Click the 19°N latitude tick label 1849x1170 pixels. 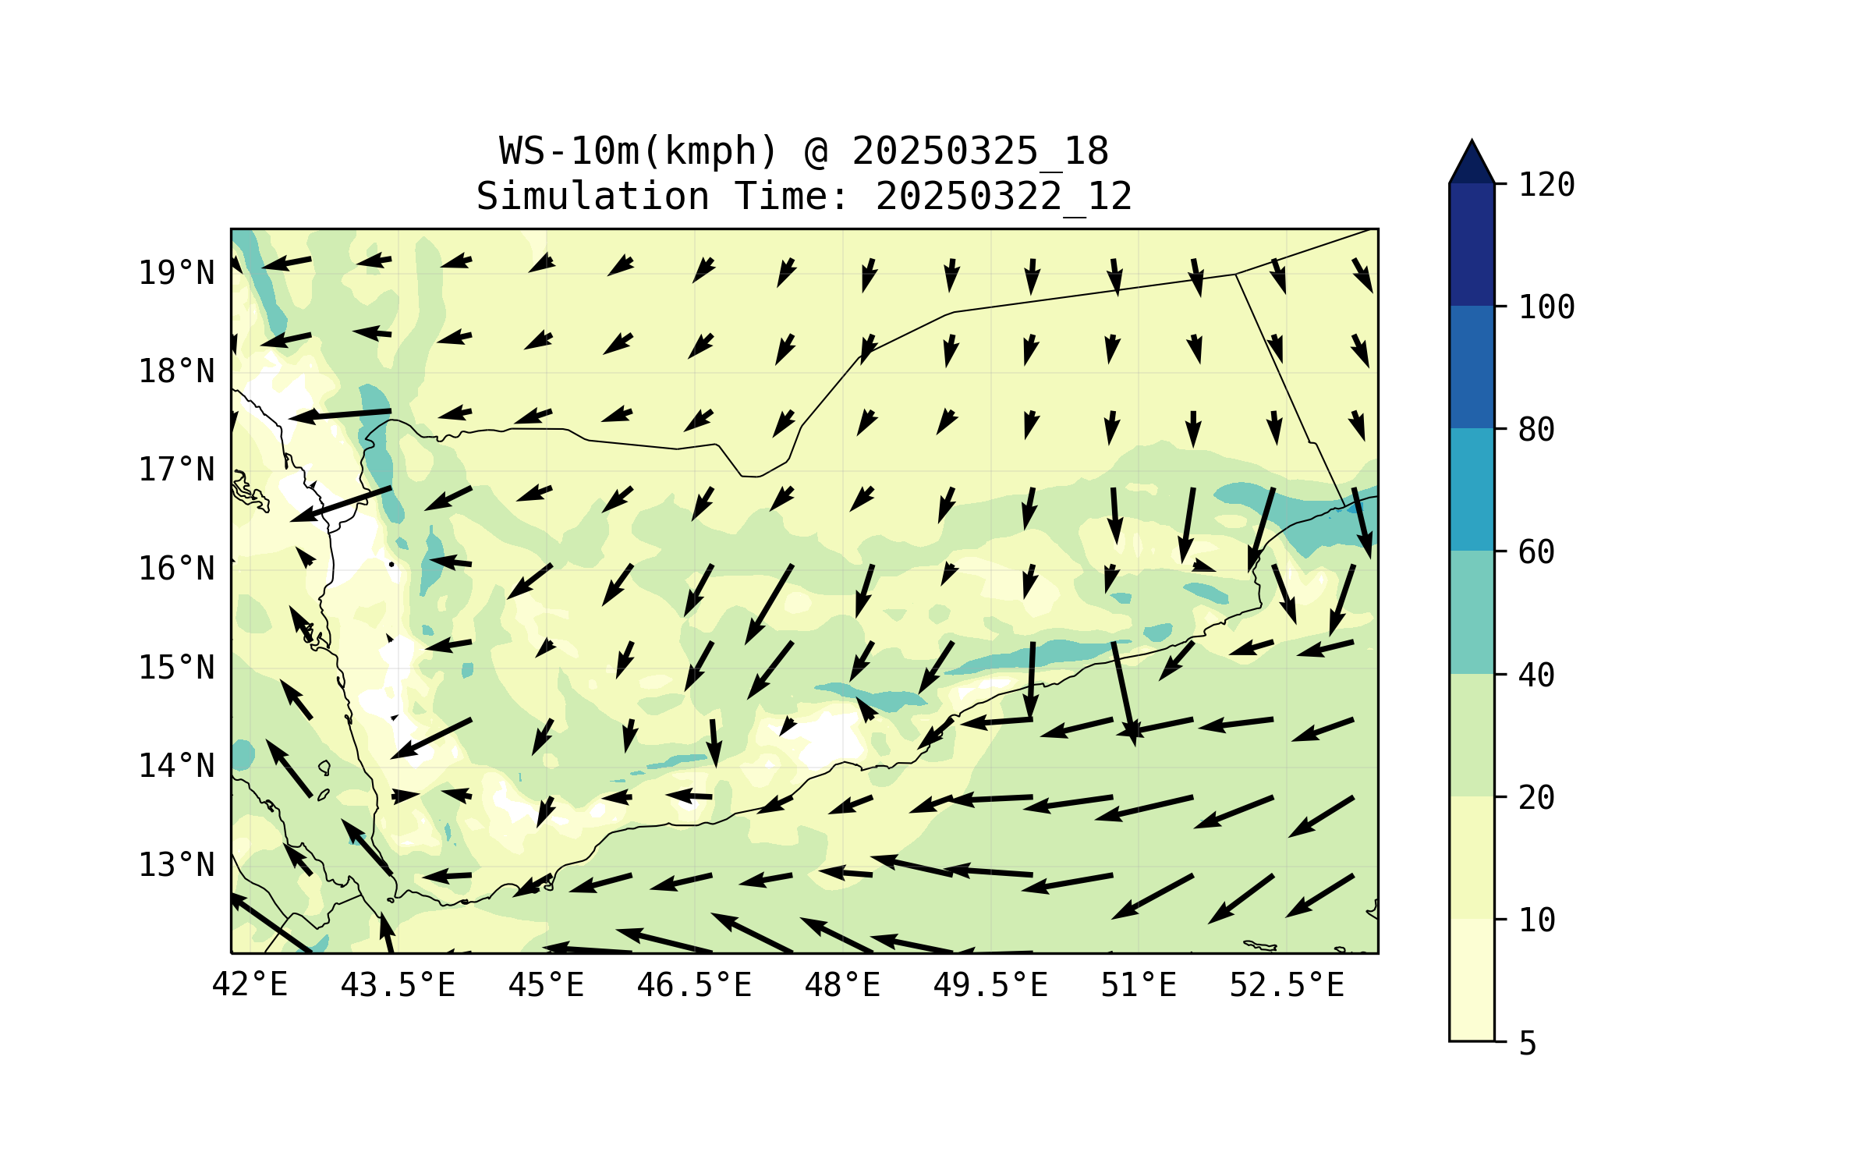click(x=176, y=273)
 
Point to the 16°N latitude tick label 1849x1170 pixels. click(x=176, y=569)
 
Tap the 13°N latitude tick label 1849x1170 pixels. click(x=176, y=865)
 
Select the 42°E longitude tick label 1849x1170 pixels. click(x=250, y=985)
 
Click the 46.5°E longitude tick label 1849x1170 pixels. click(x=694, y=985)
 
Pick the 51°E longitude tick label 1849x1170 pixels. click(x=1139, y=985)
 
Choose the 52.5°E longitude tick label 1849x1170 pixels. click(x=1287, y=985)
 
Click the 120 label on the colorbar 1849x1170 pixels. click(x=1546, y=185)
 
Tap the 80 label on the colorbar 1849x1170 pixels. click(x=1536, y=430)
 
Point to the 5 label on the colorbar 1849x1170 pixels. click(x=1528, y=1044)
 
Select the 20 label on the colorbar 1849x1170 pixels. click(x=1536, y=798)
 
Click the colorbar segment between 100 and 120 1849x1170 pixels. click(x=1472, y=244)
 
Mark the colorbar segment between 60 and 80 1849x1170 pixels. click(x=1472, y=489)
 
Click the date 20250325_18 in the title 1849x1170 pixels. click(x=980, y=151)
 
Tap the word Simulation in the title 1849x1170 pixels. click(x=593, y=197)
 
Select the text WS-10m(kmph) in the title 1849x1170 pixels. click(x=639, y=151)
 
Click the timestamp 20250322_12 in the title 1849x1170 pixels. click(x=1004, y=197)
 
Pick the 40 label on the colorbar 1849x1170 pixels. click(x=1536, y=675)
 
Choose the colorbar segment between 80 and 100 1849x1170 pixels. click(x=1472, y=367)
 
